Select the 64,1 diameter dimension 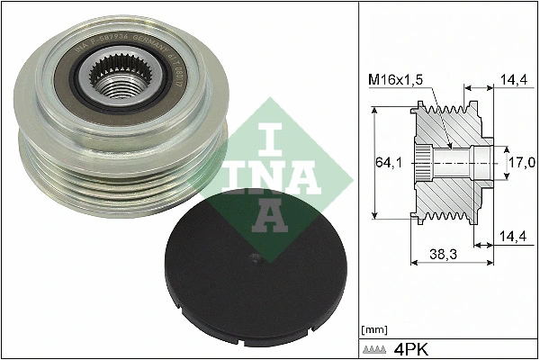388,162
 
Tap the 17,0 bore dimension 520,162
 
